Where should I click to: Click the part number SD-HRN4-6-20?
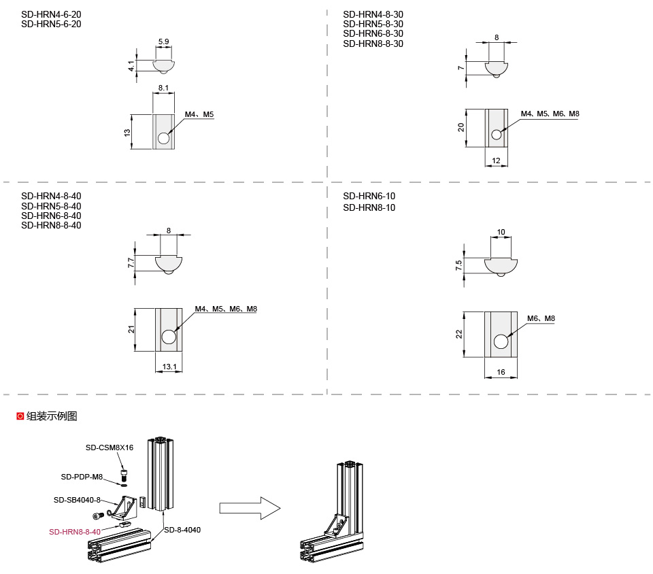point(51,14)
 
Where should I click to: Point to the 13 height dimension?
point(127,132)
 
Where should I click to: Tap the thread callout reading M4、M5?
point(199,114)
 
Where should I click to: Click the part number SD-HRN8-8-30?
point(373,44)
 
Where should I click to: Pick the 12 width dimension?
point(496,161)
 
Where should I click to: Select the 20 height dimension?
point(461,127)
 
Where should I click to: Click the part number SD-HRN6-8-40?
point(51,216)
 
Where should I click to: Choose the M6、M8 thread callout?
point(541,318)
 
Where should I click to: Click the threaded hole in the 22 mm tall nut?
point(501,342)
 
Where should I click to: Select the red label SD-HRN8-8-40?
point(74,532)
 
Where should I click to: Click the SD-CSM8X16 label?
point(109,448)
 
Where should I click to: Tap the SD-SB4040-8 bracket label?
point(77,500)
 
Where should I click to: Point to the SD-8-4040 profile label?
point(182,530)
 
